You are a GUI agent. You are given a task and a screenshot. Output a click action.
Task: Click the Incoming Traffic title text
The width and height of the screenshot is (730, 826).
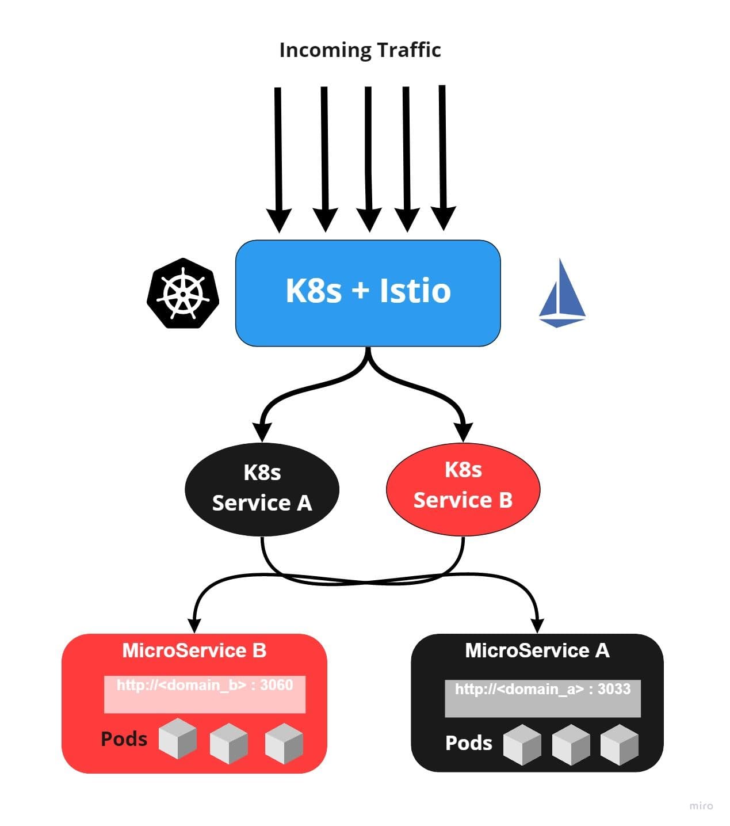[360, 50]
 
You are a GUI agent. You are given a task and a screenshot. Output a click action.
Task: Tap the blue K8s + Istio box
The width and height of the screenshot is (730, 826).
[368, 292]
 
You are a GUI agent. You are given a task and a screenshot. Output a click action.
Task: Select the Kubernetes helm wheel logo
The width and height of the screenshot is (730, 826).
[183, 293]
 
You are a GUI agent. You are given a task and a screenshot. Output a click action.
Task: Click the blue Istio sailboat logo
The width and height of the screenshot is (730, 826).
[561, 294]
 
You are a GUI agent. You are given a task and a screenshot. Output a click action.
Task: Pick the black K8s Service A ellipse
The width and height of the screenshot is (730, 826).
[262, 489]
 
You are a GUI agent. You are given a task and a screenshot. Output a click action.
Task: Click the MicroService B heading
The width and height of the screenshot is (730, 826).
[194, 650]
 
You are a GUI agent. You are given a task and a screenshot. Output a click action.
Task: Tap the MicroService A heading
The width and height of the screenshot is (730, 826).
[537, 650]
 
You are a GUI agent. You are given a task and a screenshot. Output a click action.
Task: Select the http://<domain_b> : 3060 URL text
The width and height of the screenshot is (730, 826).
[205, 685]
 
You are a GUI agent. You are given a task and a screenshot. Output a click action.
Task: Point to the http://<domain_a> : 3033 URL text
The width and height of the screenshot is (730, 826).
[542, 689]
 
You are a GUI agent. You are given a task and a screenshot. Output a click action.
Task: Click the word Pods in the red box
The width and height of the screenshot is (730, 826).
[124, 739]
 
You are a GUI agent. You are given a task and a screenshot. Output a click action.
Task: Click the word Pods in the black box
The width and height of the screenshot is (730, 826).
[468, 743]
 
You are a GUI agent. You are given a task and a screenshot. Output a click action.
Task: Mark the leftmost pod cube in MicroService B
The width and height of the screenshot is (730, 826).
[177, 738]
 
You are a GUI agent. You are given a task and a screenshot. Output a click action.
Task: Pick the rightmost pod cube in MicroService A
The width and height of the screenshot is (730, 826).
[619, 744]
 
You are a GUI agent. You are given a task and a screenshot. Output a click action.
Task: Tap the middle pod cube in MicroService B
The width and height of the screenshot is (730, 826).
[228, 743]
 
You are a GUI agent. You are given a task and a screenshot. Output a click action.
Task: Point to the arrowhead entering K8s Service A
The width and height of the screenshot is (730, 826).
[262, 432]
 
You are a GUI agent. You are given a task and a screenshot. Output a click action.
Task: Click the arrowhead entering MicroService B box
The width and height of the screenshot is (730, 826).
[195, 624]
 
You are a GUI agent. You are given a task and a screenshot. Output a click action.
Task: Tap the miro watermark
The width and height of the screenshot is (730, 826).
[701, 806]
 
